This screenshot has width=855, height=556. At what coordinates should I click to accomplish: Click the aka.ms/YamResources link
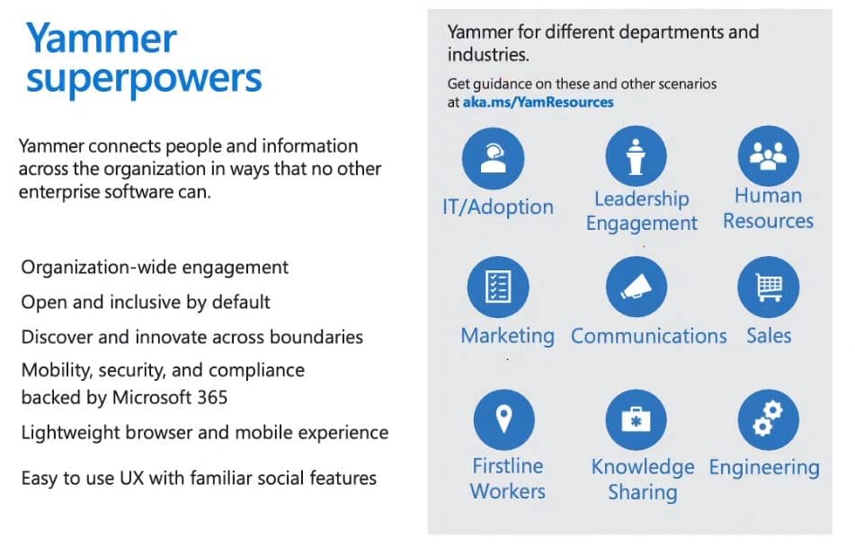point(538,102)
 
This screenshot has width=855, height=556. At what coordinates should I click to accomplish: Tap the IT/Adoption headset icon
point(493,158)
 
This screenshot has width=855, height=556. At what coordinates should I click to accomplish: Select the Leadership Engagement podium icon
point(636,156)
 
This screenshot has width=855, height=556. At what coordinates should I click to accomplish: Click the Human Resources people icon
point(769,155)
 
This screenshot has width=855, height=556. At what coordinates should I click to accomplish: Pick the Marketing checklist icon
point(498,287)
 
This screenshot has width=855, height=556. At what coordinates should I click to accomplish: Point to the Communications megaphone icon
point(637,287)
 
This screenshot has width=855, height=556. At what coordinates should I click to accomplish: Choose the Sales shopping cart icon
point(769,287)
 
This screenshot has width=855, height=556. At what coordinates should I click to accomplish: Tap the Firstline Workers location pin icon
point(503,419)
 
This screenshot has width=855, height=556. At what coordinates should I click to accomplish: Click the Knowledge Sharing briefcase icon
point(636,419)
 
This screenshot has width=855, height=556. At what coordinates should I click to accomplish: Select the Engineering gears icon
point(769,419)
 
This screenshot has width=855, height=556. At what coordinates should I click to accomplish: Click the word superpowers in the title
point(144,80)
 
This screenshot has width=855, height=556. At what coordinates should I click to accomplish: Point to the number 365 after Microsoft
point(212,398)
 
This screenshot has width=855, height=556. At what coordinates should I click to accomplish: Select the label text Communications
point(649,336)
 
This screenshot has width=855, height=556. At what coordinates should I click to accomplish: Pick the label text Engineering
point(764,468)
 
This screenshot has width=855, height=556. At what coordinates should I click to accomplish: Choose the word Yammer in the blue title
point(102,38)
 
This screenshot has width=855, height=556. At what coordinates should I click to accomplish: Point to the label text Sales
point(769,335)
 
